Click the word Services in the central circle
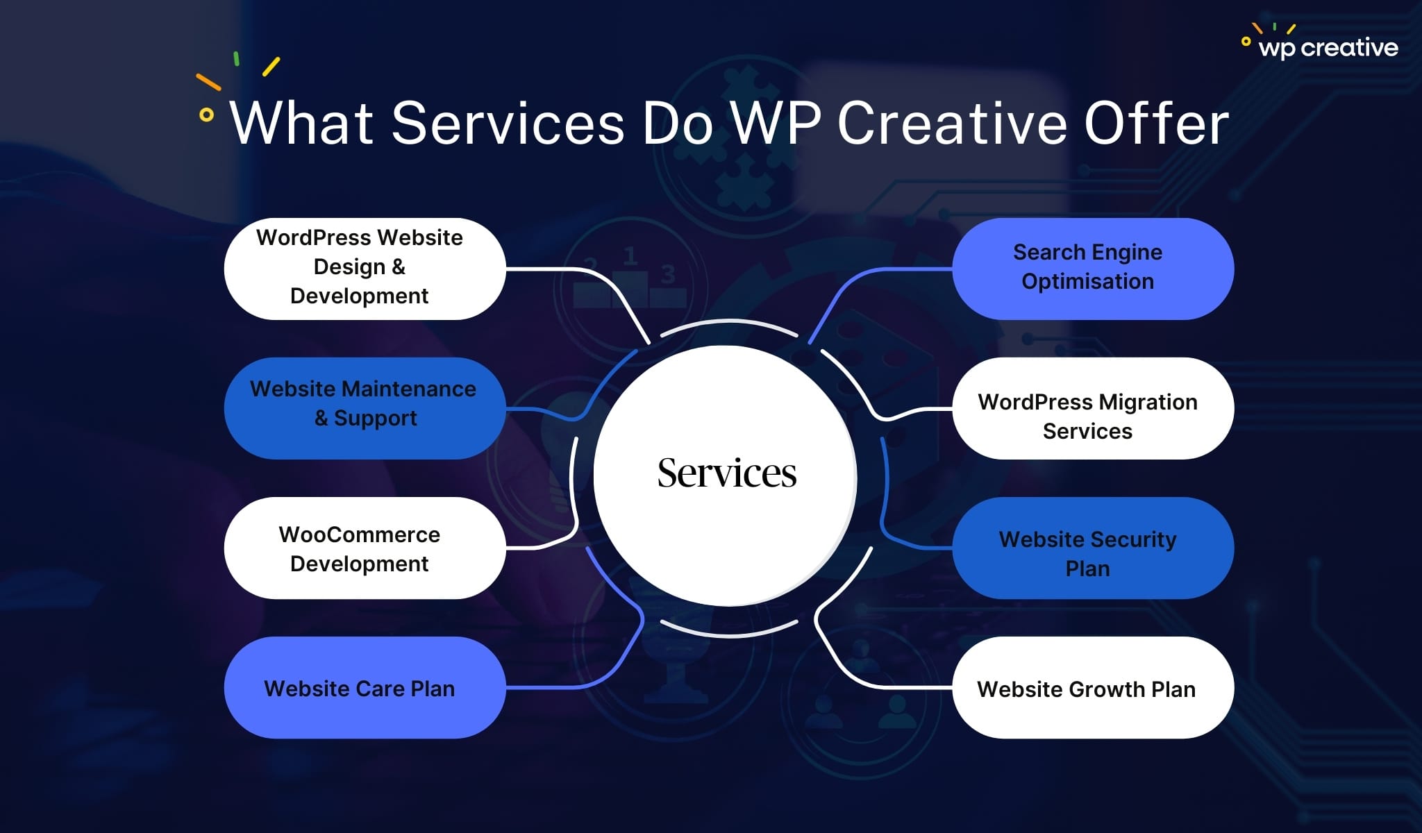point(726,473)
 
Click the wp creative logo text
point(1328,47)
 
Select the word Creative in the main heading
point(951,124)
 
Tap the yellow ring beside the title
point(206,115)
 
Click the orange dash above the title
point(208,82)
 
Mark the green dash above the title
point(237,59)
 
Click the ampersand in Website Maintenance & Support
point(321,419)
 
